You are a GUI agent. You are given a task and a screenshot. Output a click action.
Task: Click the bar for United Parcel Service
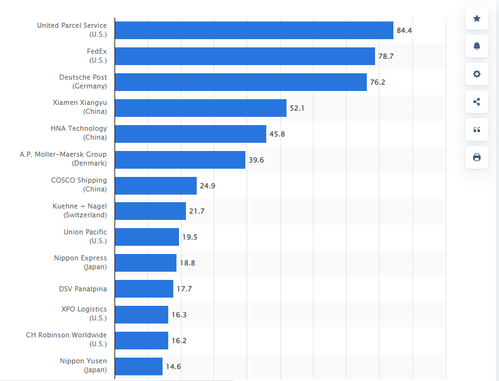254,30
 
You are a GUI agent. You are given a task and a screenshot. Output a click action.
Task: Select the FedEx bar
245,56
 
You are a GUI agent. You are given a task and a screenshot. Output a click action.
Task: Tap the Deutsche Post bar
240,82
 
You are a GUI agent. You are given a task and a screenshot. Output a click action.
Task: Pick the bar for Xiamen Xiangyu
200,108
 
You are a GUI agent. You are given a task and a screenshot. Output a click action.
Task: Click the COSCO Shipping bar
156,186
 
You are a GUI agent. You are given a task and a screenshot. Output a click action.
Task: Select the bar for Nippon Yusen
139,366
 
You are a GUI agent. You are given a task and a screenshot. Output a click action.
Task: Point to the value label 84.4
404,30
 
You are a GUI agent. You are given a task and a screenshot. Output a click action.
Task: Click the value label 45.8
277,134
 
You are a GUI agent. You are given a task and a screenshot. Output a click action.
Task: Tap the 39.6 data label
256,160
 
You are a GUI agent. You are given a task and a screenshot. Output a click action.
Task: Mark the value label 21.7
197,211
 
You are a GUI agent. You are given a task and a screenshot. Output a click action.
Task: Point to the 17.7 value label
184,289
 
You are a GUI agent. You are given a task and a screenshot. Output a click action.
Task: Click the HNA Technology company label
79,133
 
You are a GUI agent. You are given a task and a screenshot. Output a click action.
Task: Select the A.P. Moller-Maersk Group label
63,159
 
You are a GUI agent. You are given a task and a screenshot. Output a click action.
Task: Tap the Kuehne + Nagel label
80,210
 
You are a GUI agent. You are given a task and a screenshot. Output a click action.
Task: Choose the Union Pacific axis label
85,236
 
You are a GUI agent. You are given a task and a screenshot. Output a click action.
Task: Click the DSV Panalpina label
83,289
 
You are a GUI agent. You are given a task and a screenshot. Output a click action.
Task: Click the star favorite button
477,18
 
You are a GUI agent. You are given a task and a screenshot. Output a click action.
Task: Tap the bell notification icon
477,46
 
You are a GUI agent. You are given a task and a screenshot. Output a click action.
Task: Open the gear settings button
477,74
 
